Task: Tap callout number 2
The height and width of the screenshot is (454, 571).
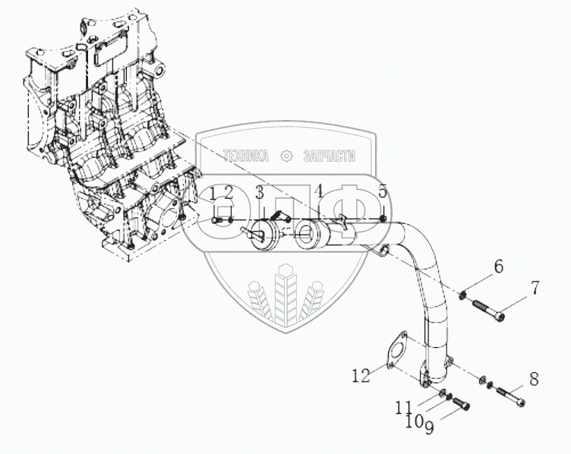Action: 229,194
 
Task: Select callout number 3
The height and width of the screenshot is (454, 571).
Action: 259,193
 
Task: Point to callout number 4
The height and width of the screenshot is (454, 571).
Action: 319,192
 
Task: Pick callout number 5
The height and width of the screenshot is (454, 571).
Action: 382,191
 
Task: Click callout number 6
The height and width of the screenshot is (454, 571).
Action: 498,266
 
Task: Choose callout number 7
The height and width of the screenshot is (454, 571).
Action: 535,287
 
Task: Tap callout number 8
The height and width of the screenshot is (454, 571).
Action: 534,380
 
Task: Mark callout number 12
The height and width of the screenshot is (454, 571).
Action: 361,375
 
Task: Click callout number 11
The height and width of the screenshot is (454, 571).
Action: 404,408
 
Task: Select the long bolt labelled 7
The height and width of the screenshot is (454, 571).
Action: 487,309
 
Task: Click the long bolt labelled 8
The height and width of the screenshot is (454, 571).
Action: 511,396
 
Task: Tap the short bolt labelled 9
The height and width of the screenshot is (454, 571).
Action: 460,403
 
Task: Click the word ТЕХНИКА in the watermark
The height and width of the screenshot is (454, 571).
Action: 246,156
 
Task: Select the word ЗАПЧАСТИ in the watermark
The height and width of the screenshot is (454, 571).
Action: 330,156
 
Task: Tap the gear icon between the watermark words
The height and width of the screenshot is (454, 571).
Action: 286,156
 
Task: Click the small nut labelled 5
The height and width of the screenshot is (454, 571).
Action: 383,219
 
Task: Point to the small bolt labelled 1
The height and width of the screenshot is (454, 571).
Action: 216,220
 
